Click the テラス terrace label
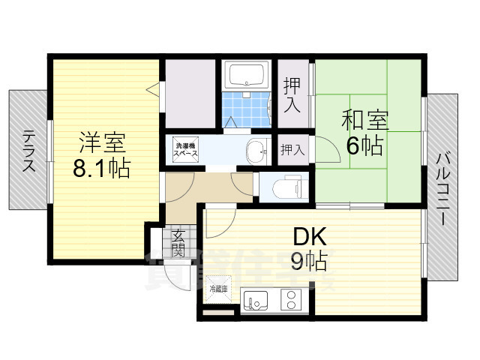point(29,151)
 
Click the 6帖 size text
point(364,145)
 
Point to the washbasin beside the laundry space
point(256,150)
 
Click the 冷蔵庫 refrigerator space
point(218,289)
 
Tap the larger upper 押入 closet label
point(292,96)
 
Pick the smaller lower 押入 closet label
point(292,150)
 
